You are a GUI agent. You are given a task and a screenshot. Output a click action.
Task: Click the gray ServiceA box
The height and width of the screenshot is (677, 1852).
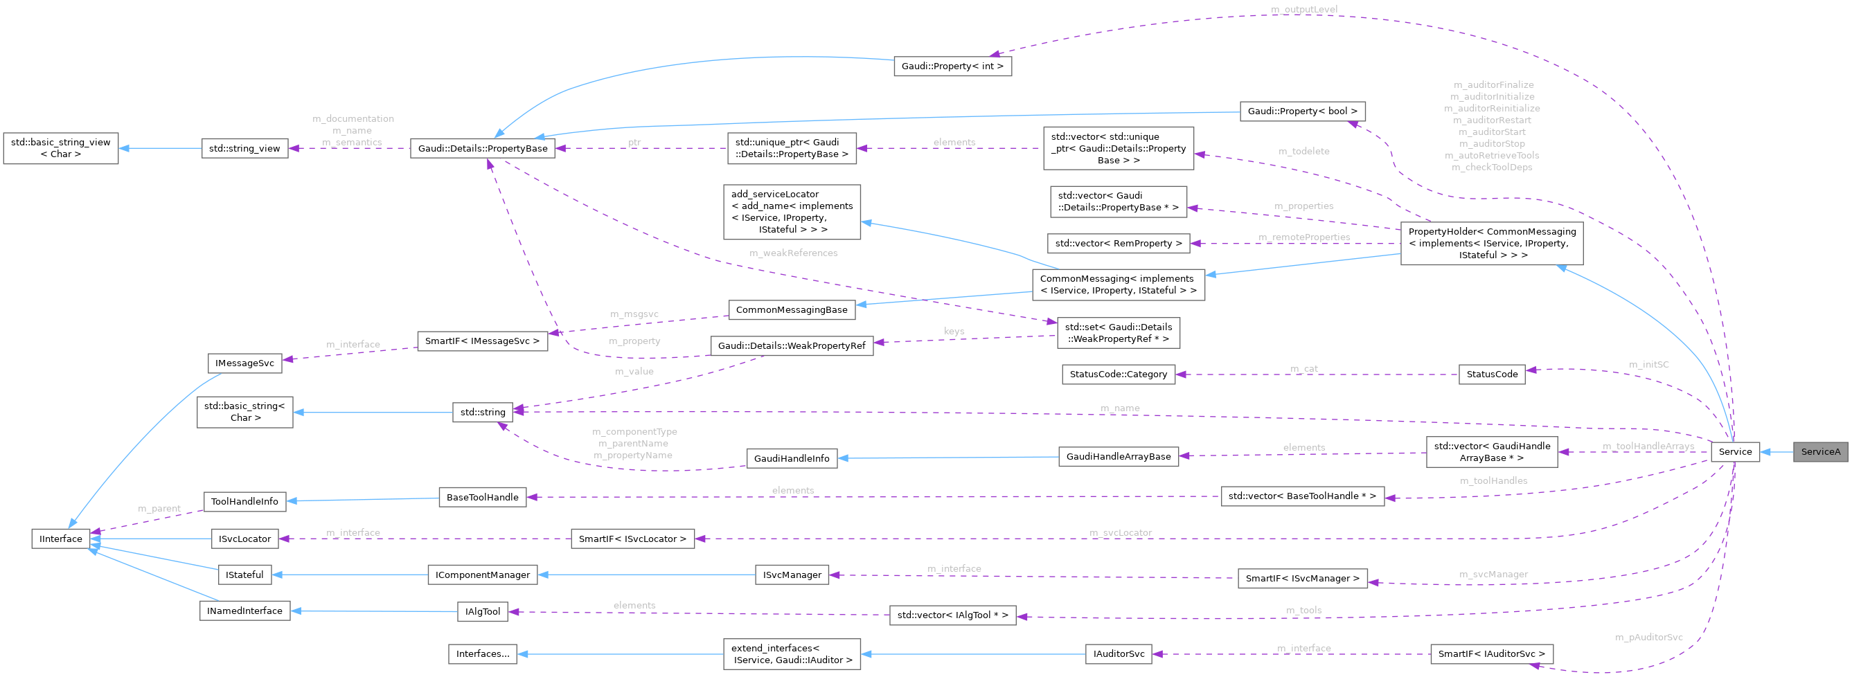click(x=1819, y=451)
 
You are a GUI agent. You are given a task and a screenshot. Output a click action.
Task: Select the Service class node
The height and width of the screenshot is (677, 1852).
click(x=1735, y=451)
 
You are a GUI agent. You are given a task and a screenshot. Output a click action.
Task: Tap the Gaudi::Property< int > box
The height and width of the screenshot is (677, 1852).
click(x=952, y=66)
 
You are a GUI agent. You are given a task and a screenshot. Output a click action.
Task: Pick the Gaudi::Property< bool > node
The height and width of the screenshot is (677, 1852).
click(x=1302, y=111)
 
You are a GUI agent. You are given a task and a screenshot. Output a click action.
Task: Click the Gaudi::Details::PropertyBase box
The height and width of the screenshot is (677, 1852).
click(x=483, y=149)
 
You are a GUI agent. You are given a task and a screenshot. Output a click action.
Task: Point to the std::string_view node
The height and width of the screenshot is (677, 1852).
click(x=244, y=149)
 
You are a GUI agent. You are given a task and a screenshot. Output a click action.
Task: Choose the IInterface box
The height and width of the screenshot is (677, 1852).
click(x=61, y=539)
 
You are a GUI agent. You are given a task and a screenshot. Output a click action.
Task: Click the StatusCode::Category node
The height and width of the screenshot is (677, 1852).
click(x=1118, y=374)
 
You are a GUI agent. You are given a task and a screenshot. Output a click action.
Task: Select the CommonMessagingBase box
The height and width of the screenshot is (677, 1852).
click(x=792, y=309)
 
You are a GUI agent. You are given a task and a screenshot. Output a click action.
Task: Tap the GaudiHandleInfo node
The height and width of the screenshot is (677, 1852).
click(x=792, y=458)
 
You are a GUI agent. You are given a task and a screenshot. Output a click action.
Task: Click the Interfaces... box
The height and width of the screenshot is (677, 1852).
click(x=483, y=653)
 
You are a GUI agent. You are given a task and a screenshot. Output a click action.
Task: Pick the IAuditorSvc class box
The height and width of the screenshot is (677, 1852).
click(x=1119, y=653)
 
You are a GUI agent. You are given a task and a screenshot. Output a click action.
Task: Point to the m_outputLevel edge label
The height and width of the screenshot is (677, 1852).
click(x=1304, y=9)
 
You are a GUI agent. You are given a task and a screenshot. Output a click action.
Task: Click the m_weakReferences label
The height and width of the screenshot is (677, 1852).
click(x=793, y=253)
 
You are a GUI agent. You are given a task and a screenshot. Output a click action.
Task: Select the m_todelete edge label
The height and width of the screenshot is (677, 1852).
click(x=1303, y=151)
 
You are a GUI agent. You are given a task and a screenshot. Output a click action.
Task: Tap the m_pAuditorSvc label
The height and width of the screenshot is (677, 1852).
click(x=1648, y=637)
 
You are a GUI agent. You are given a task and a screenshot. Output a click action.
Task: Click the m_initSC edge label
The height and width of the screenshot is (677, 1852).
click(x=1648, y=364)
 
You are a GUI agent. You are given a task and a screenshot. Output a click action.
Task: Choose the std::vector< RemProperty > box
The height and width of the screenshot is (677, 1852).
click(x=1118, y=244)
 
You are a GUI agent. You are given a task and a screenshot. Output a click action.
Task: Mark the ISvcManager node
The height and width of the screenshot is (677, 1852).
click(x=792, y=575)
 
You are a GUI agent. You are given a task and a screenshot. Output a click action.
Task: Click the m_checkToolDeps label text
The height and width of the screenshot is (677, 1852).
click(x=1492, y=168)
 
